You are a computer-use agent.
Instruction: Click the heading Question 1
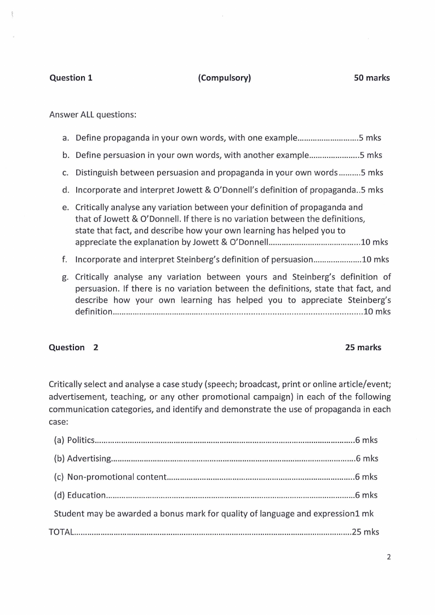pyautogui.click(x=71, y=78)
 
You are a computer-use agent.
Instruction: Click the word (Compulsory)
pyautogui.click(x=225, y=78)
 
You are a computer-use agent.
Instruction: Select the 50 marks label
pyautogui.click(x=372, y=78)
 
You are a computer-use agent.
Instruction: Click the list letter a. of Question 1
pyautogui.click(x=65, y=138)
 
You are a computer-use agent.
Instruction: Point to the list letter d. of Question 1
pyautogui.click(x=65, y=190)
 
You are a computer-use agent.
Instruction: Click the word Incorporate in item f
pyautogui.click(x=99, y=260)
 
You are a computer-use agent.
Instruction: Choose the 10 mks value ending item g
pyautogui.click(x=377, y=311)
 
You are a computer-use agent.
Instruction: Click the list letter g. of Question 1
pyautogui.click(x=65, y=277)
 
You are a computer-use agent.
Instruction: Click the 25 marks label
pyautogui.click(x=363, y=348)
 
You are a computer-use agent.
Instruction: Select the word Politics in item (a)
pyautogui.click(x=81, y=440)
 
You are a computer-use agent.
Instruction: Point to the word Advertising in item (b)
pyautogui.click(x=89, y=458)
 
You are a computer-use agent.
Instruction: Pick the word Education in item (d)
pyautogui.click(x=86, y=496)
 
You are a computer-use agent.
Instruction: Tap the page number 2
pyautogui.click(x=388, y=557)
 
